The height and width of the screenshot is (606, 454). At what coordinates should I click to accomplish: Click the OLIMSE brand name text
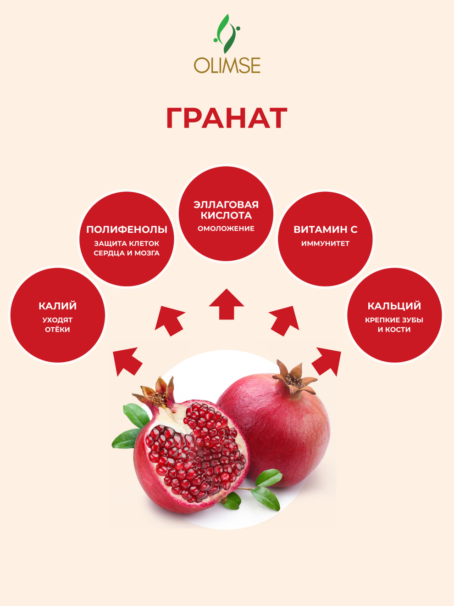coord(227,65)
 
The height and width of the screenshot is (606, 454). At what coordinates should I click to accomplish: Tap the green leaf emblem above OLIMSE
coord(227,34)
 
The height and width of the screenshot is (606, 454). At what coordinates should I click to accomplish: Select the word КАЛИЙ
coord(58,306)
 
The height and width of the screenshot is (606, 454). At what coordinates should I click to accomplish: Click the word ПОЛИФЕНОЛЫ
coord(127,230)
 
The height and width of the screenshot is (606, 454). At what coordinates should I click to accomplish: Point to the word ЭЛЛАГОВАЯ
coord(226,205)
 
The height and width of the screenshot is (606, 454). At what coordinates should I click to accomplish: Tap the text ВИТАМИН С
coord(326,230)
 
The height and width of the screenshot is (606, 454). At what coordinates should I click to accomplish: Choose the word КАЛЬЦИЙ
coord(394,306)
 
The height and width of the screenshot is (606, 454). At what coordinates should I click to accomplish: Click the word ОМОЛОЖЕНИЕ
coord(226,229)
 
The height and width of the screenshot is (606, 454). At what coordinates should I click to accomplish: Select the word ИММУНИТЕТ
coord(325,243)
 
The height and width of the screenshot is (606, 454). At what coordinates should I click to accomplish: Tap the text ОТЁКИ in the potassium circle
coord(58,329)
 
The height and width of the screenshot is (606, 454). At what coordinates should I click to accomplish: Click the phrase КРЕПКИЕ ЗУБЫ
coord(394,320)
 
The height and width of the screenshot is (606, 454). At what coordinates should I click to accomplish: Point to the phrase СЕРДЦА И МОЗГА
coord(127,253)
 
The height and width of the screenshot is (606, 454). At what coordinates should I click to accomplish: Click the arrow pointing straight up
coord(226,304)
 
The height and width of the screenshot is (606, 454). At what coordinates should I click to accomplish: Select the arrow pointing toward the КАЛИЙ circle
coord(127,362)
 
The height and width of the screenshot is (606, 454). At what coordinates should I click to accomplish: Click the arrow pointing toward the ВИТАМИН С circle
coord(284,321)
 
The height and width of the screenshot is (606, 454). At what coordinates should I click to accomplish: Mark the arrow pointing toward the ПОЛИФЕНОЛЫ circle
coord(170,321)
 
